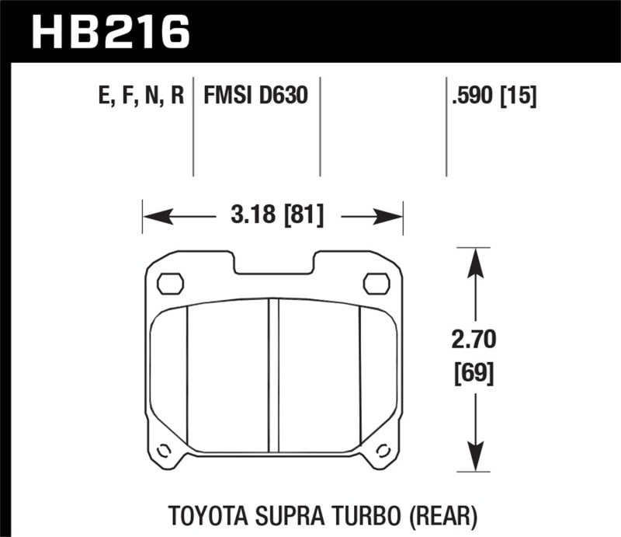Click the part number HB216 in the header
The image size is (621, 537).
tap(109, 31)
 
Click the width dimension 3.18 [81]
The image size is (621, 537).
tap(272, 214)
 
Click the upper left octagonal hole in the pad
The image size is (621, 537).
tap(169, 284)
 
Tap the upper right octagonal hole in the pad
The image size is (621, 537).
tap(376, 284)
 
